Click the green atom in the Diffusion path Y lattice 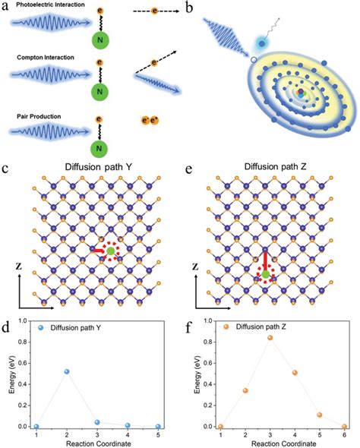(x=111, y=251)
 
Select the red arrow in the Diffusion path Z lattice (x=265, y=260)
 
